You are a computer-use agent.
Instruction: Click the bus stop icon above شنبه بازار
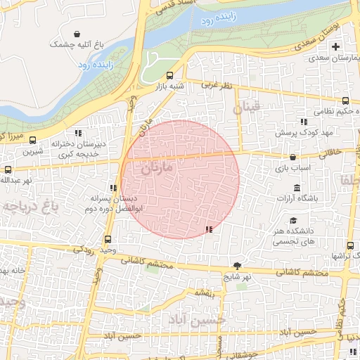[169, 76]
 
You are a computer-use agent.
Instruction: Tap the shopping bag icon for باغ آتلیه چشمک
[77, 33]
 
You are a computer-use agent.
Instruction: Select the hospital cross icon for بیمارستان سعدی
[335, 46]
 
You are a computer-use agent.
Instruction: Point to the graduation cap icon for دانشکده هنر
[292, 221]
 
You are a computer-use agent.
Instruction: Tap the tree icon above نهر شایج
[238, 265]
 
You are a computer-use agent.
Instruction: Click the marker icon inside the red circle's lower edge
[208, 229]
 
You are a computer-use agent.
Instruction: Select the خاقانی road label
[331, 151]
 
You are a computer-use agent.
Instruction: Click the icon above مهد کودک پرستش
[303, 121]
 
